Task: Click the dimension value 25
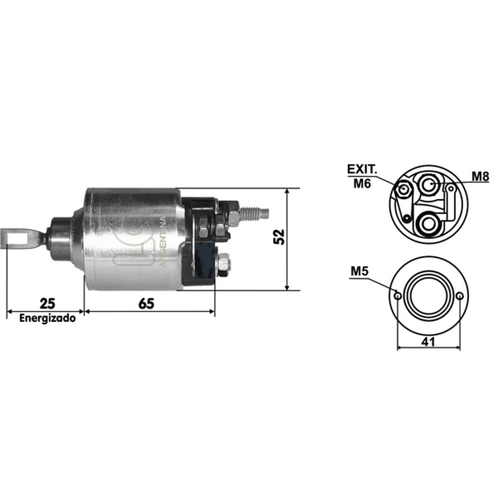point(47,303)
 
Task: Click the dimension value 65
point(147,304)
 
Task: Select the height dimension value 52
point(279,237)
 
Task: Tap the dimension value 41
point(428,341)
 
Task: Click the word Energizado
point(48,318)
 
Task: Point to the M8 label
point(480,176)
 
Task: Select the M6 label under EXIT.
point(362,183)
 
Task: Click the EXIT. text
point(362,169)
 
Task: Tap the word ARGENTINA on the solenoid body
point(163,242)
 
